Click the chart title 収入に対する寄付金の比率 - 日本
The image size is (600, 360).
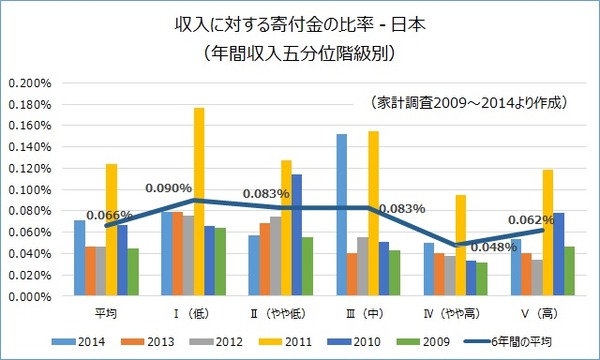click(x=300, y=21)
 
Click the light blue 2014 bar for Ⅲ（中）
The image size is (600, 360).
click(x=343, y=215)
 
